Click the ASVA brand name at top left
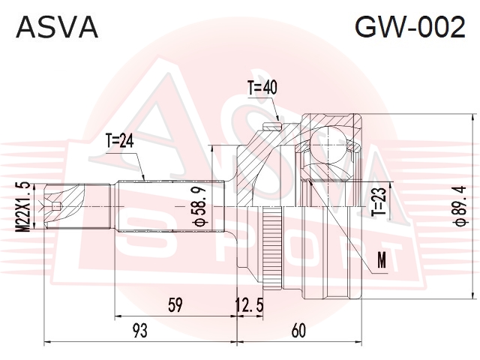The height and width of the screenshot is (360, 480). (57, 27)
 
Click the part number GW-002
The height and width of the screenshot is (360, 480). (410, 27)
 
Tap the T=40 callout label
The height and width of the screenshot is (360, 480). (262, 88)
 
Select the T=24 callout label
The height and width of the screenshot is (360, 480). (119, 141)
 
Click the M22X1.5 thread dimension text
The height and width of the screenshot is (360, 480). (23, 207)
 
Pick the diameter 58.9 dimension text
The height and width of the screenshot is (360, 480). (199, 206)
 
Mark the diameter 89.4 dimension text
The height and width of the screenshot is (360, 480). (460, 205)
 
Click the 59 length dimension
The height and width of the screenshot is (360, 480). (175, 305)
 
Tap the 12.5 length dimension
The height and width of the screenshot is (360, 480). (250, 305)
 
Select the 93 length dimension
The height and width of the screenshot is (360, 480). (140, 331)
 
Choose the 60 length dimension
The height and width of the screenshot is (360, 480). (298, 331)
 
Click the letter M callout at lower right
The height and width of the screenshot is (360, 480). (382, 260)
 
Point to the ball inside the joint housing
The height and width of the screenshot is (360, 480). (328, 144)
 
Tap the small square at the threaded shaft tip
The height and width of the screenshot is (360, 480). (55, 207)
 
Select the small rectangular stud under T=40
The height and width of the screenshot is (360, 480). (272, 125)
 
